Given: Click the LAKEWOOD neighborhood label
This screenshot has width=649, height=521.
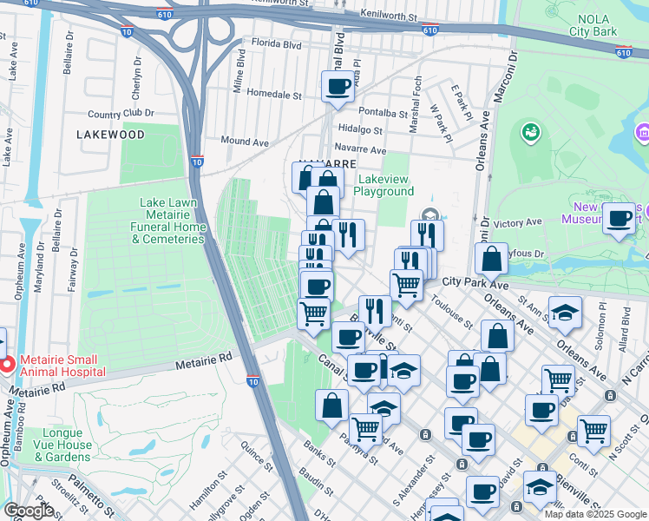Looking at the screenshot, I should click(110, 135).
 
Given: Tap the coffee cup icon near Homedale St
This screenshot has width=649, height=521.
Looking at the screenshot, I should click(338, 87).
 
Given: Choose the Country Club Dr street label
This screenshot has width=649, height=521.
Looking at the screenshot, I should click(121, 113).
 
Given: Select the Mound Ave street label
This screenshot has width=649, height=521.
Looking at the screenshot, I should click(245, 141).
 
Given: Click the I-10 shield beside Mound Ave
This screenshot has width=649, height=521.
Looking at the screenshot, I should click(198, 161).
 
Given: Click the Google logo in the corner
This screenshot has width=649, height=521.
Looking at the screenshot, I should click(29, 511).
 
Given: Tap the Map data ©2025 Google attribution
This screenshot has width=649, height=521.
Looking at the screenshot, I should click(594, 514).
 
